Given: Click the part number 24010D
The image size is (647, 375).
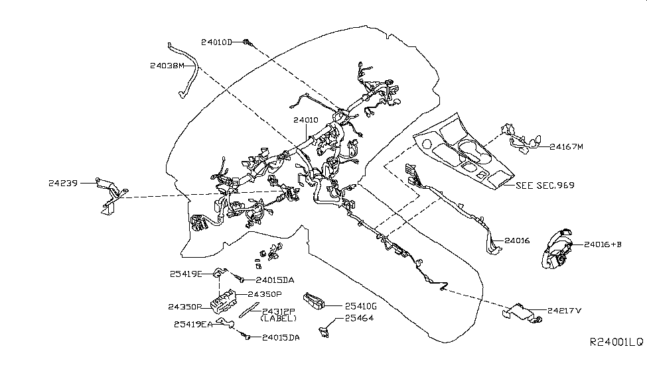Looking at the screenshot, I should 216,42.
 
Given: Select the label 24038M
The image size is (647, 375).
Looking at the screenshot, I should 167,66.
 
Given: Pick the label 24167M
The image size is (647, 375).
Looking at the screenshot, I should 566,146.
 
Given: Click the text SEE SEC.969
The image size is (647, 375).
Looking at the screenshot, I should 545,185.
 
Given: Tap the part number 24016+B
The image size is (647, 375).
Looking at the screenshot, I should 603,244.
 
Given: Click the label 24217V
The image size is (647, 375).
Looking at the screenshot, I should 565,309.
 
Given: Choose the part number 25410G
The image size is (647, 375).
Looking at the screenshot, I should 360,305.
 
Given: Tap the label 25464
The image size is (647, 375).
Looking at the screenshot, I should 358,319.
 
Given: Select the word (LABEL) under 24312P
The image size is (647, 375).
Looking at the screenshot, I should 279,319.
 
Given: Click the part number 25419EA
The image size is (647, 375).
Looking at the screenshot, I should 193,324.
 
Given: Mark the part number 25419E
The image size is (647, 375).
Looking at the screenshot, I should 186,273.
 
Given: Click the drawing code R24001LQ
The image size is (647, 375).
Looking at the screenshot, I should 616,342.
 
